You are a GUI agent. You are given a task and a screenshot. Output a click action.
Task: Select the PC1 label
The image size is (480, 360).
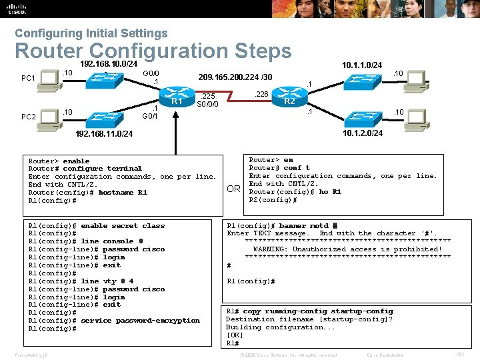pyautogui.click(x=29, y=79)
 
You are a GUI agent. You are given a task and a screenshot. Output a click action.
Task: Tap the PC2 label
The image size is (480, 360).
pyautogui.click(x=29, y=117)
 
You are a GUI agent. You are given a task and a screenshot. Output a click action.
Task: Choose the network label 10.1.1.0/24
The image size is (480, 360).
pyautogui.click(x=361, y=65)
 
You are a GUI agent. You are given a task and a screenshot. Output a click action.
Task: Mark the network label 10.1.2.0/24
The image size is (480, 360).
pyautogui.click(x=362, y=133)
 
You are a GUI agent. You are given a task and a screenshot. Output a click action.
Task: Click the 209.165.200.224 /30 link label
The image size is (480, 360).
pyautogui.click(x=233, y=77)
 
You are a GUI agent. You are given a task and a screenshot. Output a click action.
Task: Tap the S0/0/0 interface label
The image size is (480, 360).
pyautogui.click(x=208, y=104)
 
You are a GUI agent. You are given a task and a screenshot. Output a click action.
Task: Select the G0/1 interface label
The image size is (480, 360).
pyautogui.click(x=151, y=116)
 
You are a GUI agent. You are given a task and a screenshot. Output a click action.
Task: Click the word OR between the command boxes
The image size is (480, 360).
pyautogui.click(x=233, y=189)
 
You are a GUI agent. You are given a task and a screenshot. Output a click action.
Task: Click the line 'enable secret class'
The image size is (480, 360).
pyautogui.click(x=123, y=225)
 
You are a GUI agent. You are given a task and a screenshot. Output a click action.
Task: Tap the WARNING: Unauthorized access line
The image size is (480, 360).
pyautogui.click(x=347, y=249)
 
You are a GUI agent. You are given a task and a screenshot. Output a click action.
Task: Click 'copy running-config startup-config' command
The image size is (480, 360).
pyautogui.click(x=318, y=311)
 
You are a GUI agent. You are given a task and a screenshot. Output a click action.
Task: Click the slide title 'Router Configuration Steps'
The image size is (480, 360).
pyautogui.click(x=153, y=51)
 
